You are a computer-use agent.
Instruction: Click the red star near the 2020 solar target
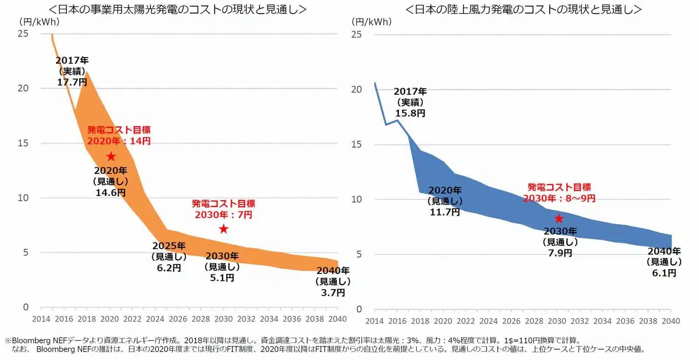pos(111,156)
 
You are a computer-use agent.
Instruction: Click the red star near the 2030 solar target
pos(223,229)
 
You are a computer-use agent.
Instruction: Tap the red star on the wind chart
pos(559,218)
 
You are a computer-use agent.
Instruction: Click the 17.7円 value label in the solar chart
pos(72,82)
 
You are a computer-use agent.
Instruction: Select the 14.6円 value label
pos(111,193)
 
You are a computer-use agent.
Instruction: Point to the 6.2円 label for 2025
pos(169,268)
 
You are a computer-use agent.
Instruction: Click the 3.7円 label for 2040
pos(333,293)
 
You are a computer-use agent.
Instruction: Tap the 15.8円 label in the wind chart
pos(410,113)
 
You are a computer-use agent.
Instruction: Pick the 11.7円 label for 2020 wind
pos(445,212)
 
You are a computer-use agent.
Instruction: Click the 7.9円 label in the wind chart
pos(560,253)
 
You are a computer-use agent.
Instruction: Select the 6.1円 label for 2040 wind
pos(664,273)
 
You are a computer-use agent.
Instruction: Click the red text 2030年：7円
pos(223,215)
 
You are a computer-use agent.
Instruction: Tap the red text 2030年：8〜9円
pos(559,198)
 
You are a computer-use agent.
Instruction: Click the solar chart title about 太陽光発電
pos(177,10)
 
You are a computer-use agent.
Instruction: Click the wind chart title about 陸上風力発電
pos(523,10)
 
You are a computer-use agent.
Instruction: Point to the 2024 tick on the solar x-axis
pos(155,319)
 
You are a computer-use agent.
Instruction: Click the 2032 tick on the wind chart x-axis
pos(580,321)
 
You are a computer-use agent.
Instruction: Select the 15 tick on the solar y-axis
pos(23,143)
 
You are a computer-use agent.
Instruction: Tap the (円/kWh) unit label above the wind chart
pos(371,21)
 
